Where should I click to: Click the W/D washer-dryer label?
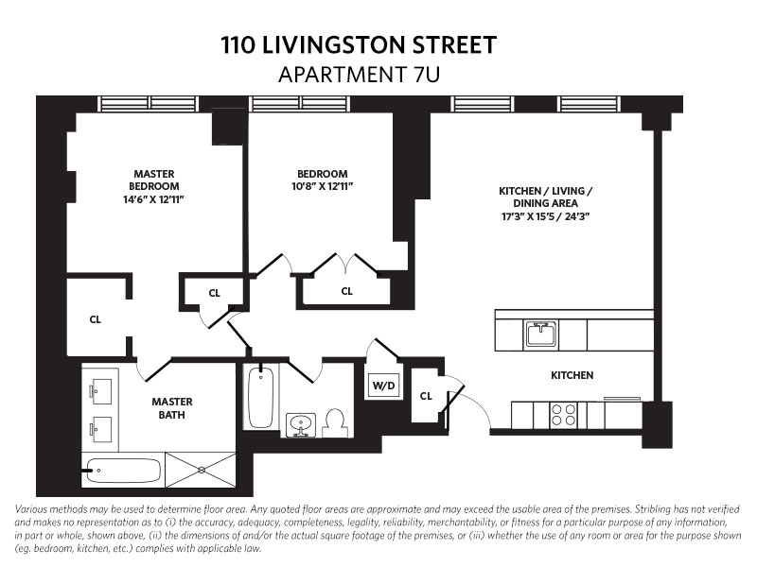384,386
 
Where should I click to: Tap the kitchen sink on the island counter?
541,335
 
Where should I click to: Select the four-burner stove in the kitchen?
563,415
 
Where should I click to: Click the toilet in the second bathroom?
336,423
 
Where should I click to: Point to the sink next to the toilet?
301,424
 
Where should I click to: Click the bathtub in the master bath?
123,471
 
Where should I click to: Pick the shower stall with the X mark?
201,470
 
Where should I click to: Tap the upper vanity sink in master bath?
101,391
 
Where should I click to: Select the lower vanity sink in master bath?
101,429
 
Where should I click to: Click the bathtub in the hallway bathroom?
261,397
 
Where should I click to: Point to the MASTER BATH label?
172,408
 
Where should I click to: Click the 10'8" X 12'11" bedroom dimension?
322,186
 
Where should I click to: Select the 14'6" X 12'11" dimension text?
154,199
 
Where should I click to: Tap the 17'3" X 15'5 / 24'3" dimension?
546,216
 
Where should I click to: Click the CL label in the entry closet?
426,396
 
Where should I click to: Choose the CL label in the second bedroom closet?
346,291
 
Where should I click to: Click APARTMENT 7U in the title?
360,75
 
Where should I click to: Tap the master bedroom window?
149,104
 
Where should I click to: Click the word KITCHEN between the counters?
572,375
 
